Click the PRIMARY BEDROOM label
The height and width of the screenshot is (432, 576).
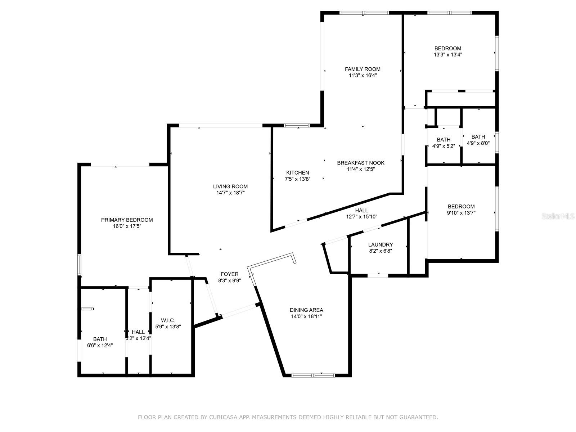(x=127, y=220)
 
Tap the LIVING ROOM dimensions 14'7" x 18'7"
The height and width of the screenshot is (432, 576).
(x=230, y=193)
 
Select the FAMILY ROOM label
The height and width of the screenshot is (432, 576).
(x=363, y=69)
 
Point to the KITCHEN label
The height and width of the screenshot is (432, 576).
(x=297, y=173)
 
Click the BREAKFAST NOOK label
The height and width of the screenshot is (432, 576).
(x=361, y=163)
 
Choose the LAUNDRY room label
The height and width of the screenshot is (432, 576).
(x=381, y=245)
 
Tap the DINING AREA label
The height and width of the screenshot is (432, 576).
(x=306, y=310)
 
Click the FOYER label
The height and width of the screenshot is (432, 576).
(x=230, y=274)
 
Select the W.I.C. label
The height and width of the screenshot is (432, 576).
(x=168, y=320)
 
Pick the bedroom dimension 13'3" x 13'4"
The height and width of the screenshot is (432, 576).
(x=448, y=55)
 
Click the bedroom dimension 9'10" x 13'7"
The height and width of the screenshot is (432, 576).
(x=461, y=213)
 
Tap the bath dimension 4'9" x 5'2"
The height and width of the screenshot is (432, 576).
(x=444, y=146)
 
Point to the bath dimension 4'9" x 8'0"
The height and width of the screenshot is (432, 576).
(x=478, y=143)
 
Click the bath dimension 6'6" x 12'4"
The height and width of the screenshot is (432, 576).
(x=100, y=345)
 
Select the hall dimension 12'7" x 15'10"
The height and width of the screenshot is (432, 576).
(x=361, y=217)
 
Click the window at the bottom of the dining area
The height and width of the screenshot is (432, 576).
(x=313, y=375)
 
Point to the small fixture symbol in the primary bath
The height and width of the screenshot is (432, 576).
(x=87, y=309)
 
